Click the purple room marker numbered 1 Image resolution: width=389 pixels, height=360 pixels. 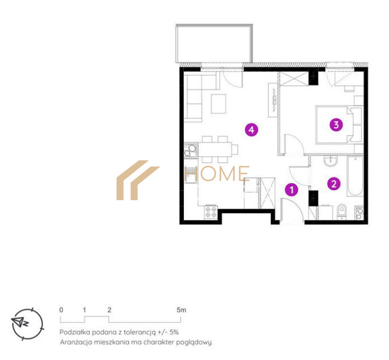point(292,190)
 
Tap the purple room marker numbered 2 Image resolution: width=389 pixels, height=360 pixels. point(334,184)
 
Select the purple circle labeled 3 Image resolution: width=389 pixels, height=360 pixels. point(336,125)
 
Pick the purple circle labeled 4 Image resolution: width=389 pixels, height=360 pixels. point(251,130)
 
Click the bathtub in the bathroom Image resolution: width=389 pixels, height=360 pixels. point(356,176)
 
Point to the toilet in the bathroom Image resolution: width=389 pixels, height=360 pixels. point(342,212)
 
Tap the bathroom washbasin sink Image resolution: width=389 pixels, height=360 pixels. point(330,161)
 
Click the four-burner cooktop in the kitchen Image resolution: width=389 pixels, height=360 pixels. point(211,212)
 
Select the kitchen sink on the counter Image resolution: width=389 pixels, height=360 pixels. point(190,175)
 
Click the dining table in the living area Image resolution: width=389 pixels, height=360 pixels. point(215,149)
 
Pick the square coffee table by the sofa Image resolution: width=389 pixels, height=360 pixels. point(218,104)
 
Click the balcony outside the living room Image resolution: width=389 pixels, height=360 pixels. point(214,43)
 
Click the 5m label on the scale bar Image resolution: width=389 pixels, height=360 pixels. point(181,310)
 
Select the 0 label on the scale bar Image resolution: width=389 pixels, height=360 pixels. point(61,310)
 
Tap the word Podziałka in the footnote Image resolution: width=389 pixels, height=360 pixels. point(74,332)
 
